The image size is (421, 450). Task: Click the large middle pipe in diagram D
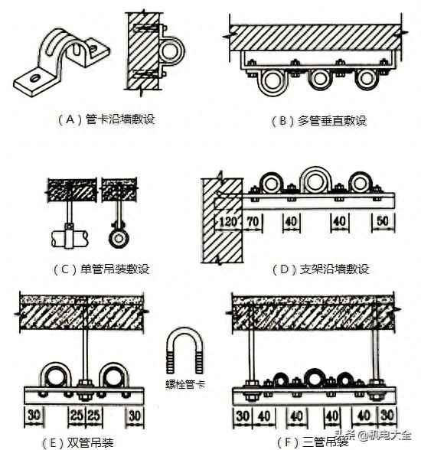(315, 181)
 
